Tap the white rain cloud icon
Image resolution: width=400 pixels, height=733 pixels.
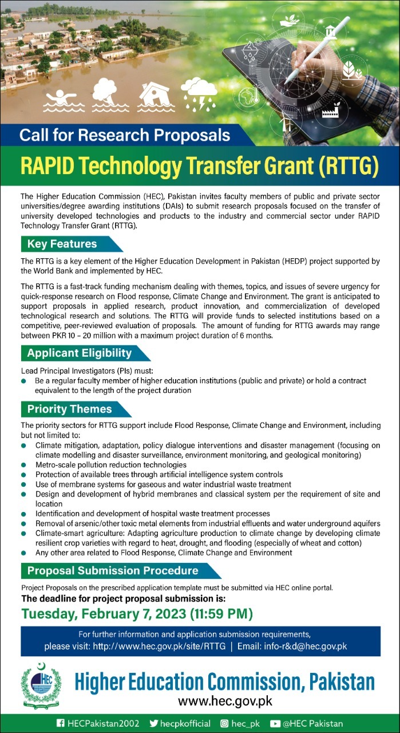[x=198, y=93]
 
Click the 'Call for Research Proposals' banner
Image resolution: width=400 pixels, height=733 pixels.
[x=125, y=136]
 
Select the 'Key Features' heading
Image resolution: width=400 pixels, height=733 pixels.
[x=62, y=244]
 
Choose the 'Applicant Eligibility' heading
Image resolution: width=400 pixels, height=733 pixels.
[x=80, y=353]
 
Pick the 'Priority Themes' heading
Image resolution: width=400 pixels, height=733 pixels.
[x=70, y=409]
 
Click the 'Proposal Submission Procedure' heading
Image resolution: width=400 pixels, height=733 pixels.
[x=113, y=570]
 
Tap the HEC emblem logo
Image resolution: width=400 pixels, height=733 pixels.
[x=41, y=686]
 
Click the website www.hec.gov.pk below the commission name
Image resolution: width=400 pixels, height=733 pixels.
[x=225, y=700]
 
